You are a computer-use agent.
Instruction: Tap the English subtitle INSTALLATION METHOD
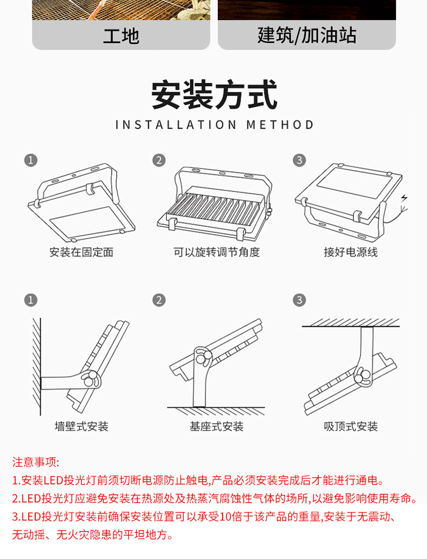[x=215, y=125]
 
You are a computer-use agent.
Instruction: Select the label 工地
[x=121, y=36]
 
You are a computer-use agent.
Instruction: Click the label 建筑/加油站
[x=307, y=36]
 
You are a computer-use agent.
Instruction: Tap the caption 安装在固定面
[x=82, y=252]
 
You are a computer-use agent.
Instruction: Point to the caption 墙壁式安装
[x=82, y=427]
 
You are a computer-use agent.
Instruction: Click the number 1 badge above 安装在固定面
[x=31, y=160]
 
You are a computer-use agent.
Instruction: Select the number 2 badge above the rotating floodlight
[x=159, y=160]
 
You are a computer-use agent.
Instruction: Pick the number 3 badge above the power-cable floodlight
[x=299, y=160]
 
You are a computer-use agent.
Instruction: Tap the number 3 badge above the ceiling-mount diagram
[x=299, y=300]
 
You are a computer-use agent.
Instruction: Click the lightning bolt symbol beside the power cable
[x=404, y=197]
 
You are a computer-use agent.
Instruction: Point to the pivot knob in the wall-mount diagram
[x=89, y=378]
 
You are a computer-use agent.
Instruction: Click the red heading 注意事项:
[x=36, y=462]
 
